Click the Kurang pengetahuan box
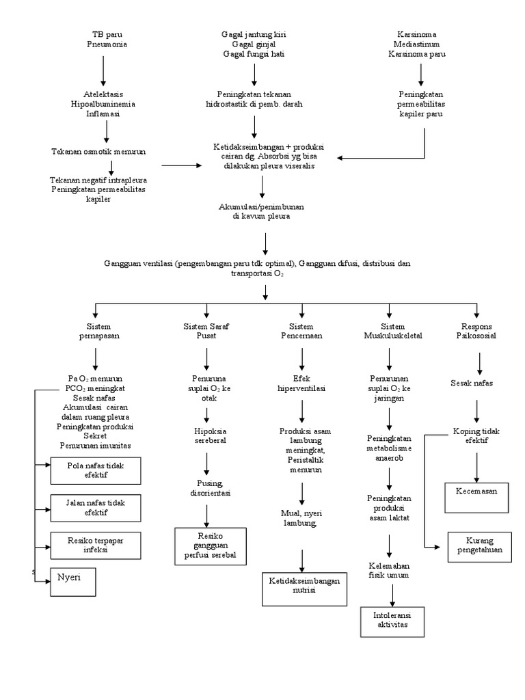pyautogui.click(x=479, y=546)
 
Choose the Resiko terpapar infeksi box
pyautogui.click(x=96, y=544)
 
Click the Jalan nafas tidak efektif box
pyautogui.click(x=96, y=507)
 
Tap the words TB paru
pyautogui.click(x=107, y=34)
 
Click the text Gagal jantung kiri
pyautogui.click(x=254, y=34)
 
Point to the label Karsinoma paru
pyautogui.click(x=416, y=54)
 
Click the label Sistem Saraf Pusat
pyautogui.click(x=206, y=332)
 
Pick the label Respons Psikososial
pyautogui.click(x=477, y=332)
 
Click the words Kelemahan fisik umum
pyautogui.click(x=388, y=570)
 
